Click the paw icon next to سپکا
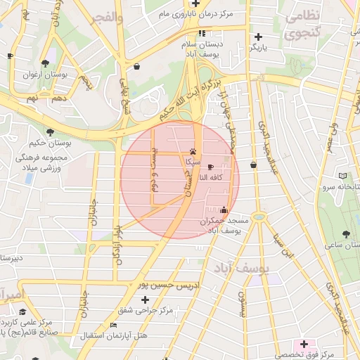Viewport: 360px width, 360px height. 193,150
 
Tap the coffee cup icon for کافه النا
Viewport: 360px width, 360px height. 212,166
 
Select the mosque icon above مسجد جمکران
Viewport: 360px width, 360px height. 224,209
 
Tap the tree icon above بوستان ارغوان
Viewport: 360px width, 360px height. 46,63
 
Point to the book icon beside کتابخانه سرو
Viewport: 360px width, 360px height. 342,175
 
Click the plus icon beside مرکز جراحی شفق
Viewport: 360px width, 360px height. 145,300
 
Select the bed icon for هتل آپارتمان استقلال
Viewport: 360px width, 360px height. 114,325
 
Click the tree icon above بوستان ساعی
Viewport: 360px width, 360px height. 347,233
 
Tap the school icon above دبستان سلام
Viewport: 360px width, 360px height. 202,32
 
